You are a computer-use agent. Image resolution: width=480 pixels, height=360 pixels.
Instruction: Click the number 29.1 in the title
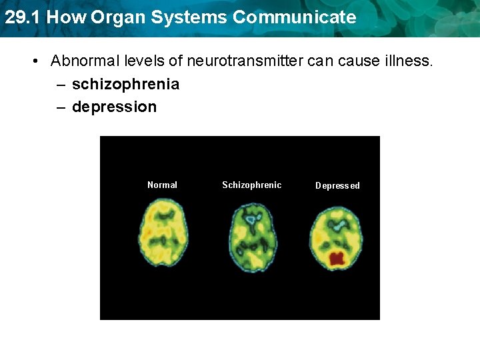[22, 17]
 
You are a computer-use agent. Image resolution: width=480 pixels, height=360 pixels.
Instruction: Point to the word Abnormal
[83, 61]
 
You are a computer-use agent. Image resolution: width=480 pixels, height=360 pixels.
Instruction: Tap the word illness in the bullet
[409, 61]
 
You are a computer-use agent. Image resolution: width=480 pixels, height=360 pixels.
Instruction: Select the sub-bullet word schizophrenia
[125, 84]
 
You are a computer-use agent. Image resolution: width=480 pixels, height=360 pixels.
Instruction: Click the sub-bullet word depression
[114, 107]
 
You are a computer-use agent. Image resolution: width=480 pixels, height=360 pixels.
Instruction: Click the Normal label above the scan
[162, 185]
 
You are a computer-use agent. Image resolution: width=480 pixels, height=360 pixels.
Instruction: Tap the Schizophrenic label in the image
[251, 185]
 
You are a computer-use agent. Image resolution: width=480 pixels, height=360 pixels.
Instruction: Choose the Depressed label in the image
[337, 185]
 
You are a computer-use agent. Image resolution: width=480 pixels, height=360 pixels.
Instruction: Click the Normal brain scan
[163, 235]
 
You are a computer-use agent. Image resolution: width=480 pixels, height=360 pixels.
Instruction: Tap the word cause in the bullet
[357, 61]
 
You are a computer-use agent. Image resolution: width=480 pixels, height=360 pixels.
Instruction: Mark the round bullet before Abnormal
[35, 62]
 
